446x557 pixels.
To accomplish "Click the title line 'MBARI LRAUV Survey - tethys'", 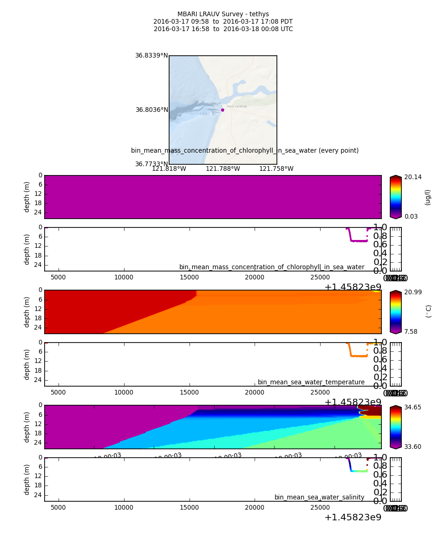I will tap(223, 14).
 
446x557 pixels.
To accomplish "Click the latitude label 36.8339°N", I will tap(151, 56).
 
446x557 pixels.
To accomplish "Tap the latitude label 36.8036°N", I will tap(151, 110).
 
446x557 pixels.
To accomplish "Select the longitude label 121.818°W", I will tap(169, 169).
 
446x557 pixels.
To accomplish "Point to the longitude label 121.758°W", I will tap(276, 169).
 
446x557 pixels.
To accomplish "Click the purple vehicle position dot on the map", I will tap(223, 110).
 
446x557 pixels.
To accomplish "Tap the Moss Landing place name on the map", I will tap(236, 106).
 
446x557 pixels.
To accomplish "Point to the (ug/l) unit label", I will tap(428, 197).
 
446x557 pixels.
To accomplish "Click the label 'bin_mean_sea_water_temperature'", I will tap(311, 382).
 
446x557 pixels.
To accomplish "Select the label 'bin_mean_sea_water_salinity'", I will tap(319, 498).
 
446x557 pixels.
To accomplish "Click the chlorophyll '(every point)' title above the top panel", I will tap(245, 151).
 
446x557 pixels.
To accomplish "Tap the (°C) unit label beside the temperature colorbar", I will tap(428, 311).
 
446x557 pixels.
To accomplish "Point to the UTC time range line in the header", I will tap(223, 29).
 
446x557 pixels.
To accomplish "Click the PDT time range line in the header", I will tap(223, 22).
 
